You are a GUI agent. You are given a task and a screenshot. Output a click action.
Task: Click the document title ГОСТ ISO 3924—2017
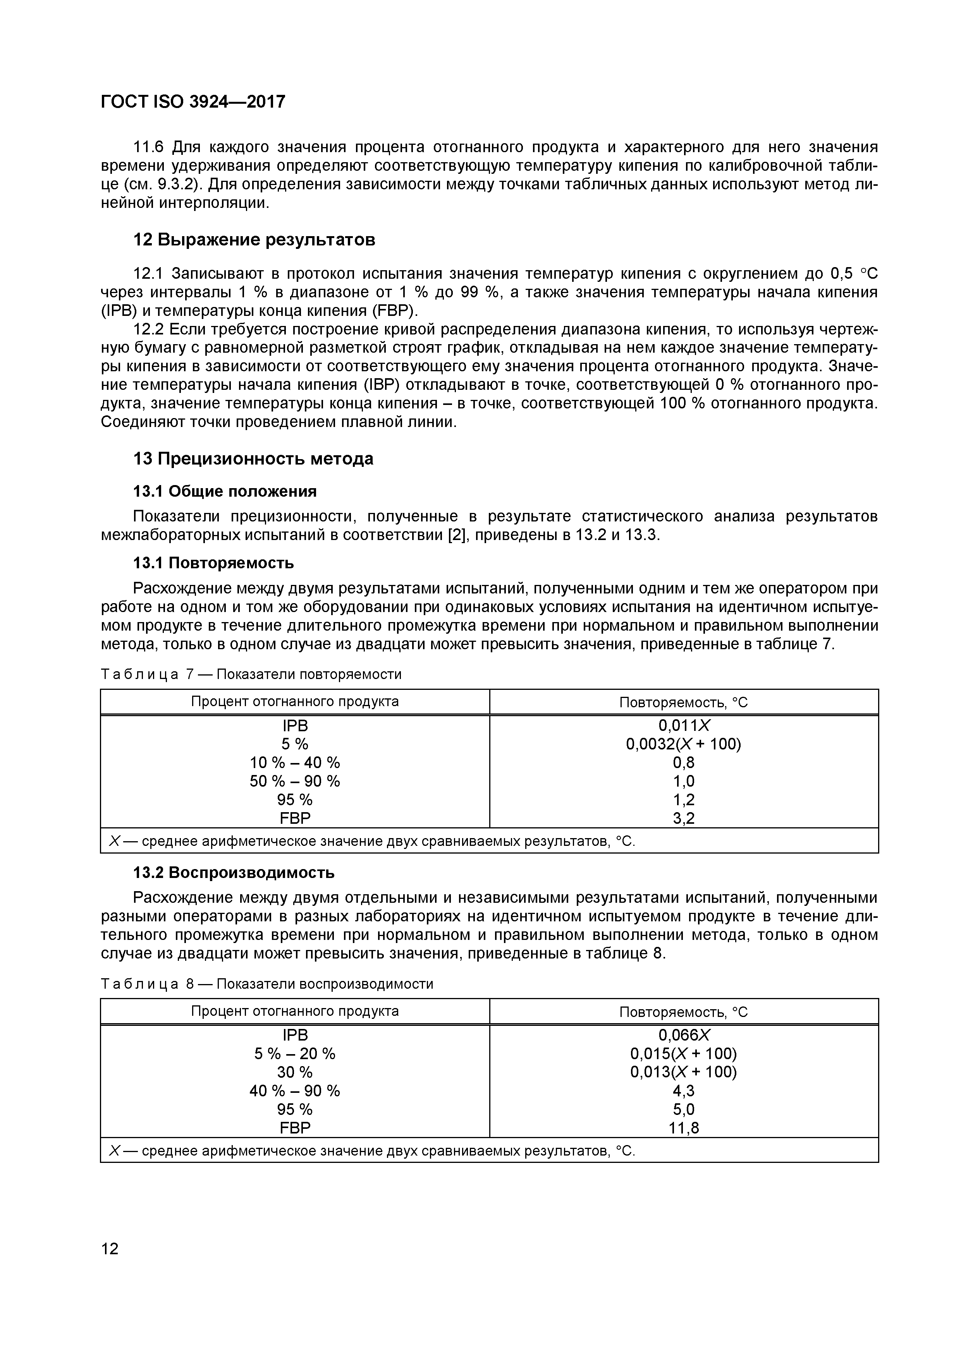pyautogui.click(x=193, y=102)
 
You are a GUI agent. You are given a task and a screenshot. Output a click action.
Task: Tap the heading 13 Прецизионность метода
pyautogui.click(x=253, y=459)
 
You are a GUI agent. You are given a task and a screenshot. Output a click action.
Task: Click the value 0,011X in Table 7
pyautogui.click(x=684, y=726)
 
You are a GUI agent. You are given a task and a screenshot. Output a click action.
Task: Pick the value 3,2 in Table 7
pyautogui.click(x=684, y=819)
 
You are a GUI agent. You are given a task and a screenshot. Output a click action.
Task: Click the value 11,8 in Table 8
pyautogui.click(x=684, y=1128)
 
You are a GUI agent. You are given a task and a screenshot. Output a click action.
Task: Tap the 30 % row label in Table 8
pyautogui.click(x=295, y=1072)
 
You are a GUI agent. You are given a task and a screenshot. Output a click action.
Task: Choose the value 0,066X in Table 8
pyautogui.click(x=684, y=1035)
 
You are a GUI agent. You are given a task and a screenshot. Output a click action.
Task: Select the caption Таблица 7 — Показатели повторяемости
pyautogui.click(x=251, y=674)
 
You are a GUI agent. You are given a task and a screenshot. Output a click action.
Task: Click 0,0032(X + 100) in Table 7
pyautogui.click(x=684, y=744)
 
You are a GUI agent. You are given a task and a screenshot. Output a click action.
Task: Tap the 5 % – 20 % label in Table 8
pyautogui.click(x=295, y=1054)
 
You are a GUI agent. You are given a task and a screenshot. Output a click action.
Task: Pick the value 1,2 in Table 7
pyautogui.click(x=684, y=800)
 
